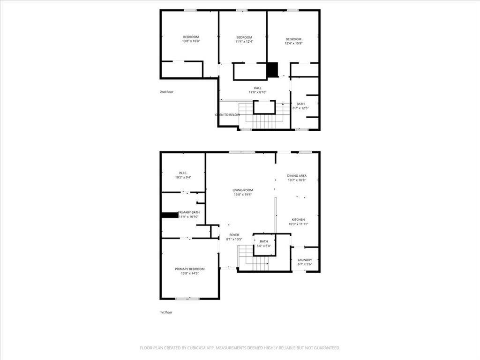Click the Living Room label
(x=242, y=190)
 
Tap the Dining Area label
(x=296, y=176)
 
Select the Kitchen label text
(x=298, y=219)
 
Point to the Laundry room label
(x=305, y=260)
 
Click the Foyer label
(x=234, y=235)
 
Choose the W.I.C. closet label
(x=183, y=173)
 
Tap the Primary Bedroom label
(x=190, y=269)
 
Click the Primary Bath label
(x=188, y=212)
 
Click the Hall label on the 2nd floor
(x=258, y=88)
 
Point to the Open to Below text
(x=227, y=115)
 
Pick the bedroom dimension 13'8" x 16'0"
(x=191, y=41)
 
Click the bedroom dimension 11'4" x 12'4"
(x=244, y=42)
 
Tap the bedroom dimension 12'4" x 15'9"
(x=293, y=44)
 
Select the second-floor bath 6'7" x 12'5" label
(x=300, y=108)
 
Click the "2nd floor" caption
(x=166, y=92)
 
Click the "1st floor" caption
(x=166, y=312)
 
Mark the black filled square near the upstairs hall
(x=272, y=70)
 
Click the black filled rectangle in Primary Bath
(x=169, y=215)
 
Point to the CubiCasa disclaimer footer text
(x=240, y=348)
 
